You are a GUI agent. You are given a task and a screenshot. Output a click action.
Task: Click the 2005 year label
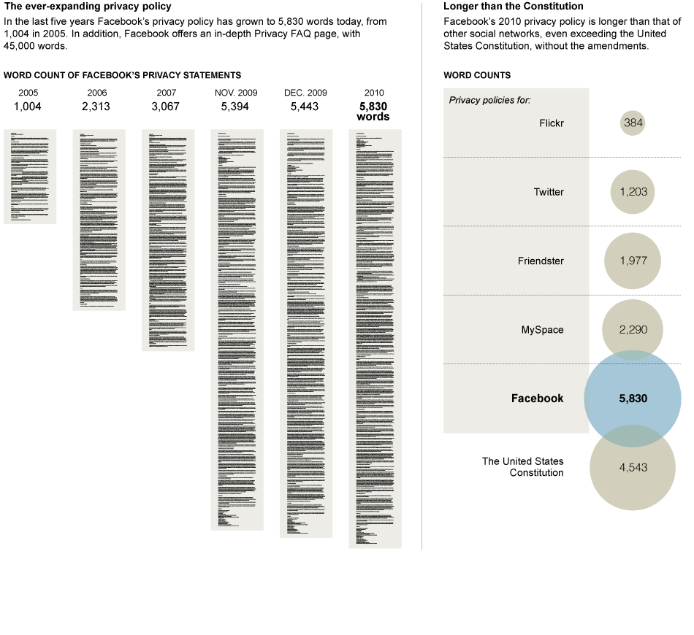tap(29, 93)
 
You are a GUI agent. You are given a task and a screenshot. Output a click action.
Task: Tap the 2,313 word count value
tap(96, 107)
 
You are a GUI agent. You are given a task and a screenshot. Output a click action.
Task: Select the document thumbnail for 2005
tap(30, 177)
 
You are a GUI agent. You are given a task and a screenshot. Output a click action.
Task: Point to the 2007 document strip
tap(167, 240)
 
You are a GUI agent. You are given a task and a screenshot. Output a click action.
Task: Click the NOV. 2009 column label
tap(237, 93)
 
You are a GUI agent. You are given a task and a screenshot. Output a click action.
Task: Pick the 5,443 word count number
tap(305, 107)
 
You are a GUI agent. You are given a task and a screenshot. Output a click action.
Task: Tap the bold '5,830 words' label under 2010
tap(374, 111)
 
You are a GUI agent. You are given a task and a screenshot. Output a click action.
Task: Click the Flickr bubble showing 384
tap(633, 123)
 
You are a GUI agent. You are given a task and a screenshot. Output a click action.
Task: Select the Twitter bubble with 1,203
tap(633, 192)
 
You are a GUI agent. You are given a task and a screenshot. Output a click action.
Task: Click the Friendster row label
tap(541, 261)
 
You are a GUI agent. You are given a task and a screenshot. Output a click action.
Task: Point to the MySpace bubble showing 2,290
tap(633, 330)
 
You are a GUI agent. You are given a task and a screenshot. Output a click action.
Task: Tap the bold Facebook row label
tap(537, 399)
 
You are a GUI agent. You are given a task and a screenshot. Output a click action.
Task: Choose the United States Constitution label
tap(523, 467)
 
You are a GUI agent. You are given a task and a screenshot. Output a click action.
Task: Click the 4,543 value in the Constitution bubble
tap(633, 467)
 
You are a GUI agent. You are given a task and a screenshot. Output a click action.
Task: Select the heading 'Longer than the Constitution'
tap(503, 7)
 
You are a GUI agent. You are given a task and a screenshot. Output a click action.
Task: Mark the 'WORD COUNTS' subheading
tap(477, 75)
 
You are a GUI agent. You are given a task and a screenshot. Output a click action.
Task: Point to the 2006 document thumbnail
tap(99, 220)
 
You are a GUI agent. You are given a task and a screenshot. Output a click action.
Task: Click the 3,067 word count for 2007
tap(165, 107)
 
